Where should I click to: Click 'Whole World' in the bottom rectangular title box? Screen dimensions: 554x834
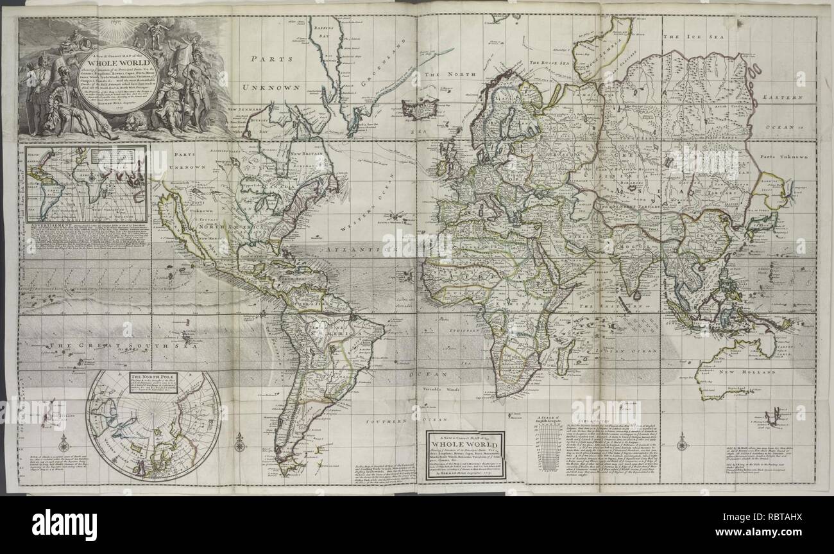pyautogui.click(x=466, y=444)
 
